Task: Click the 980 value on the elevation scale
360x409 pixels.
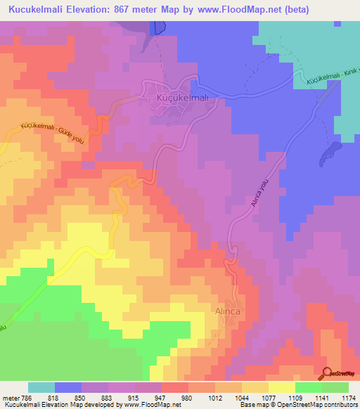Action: tap(187, 397)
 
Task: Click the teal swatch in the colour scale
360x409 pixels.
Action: tap(41, 387)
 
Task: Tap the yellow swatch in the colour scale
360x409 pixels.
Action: tap(281, 387)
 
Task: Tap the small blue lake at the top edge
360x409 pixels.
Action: tap(158, 27)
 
